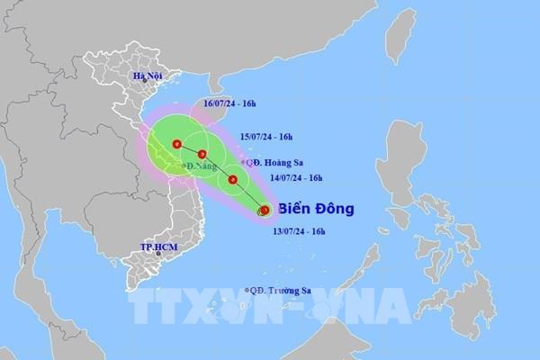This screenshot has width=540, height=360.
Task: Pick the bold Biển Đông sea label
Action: click(316, 209)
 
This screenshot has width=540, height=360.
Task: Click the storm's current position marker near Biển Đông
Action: click(264, 211)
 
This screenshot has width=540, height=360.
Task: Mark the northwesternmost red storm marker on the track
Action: click(177, 143)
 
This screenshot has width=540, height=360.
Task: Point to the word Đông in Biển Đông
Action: click(335, 209)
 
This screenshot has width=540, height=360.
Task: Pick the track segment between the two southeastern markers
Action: click(248, 195)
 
